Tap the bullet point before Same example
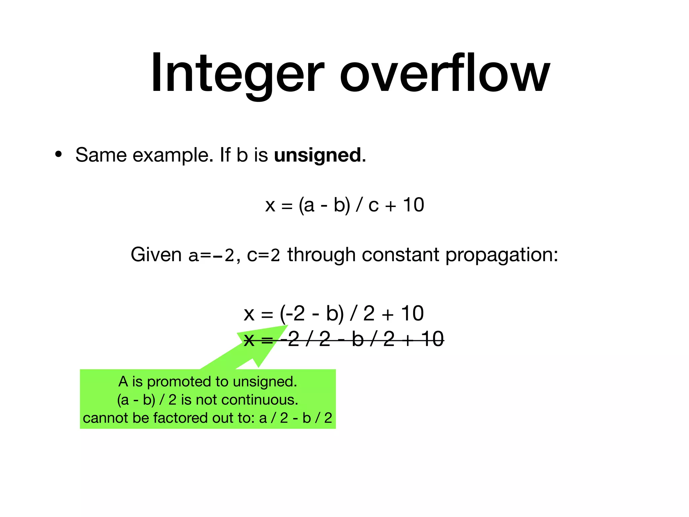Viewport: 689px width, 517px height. (59, 154)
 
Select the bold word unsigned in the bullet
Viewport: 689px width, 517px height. (318, 156)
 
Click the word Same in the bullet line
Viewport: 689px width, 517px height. (101, 155)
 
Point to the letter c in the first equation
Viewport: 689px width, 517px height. (373, 206)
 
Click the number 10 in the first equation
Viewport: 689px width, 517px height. (413, 205)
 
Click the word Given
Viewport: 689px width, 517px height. (156, 255)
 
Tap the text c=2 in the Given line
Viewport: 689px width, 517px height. (263, 255)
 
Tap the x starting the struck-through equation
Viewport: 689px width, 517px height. (249, 340)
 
